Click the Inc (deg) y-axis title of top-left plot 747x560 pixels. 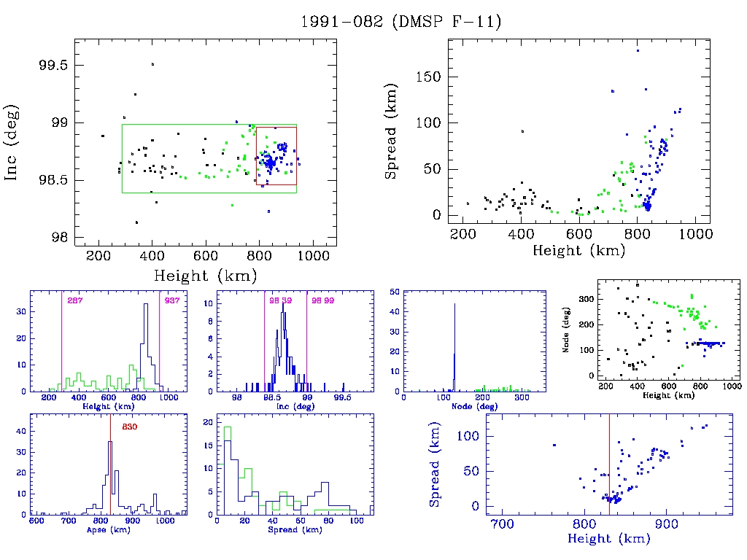12,143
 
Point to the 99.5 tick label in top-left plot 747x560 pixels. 53,65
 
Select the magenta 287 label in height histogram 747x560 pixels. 74,301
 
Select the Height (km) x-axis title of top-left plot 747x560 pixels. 205,276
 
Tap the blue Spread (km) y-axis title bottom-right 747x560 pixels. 435,474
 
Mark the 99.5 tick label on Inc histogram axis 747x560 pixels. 342,399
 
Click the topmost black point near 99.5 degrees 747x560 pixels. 152,64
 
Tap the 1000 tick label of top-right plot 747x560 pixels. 694,234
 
